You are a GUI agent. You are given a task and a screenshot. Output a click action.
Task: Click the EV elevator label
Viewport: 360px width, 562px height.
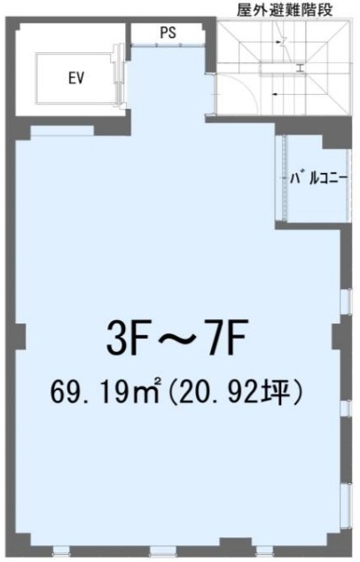[76, 78]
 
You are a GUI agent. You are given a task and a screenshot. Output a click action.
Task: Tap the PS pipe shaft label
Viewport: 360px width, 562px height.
[168, 33]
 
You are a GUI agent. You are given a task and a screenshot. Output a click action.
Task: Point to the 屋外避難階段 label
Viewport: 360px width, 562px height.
[285, 10]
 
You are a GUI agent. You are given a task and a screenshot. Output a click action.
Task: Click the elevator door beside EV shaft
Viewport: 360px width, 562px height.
[117, 75]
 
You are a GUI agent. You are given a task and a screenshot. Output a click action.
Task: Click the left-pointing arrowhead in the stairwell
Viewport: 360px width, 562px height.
[275, 94]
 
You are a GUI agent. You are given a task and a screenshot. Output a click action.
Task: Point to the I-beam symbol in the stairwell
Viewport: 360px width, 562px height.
[301, 68]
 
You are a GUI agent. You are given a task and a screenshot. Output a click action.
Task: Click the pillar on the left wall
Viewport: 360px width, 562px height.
[20, 337]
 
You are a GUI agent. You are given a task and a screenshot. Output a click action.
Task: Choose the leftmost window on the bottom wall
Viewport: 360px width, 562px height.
[61, 550]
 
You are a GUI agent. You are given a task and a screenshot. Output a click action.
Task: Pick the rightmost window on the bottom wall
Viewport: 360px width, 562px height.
[264, 550]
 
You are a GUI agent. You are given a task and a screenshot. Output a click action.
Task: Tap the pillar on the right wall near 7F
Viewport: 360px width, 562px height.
[338, 337]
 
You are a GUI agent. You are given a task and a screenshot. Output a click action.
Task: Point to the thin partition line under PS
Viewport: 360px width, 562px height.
[168, 45]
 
